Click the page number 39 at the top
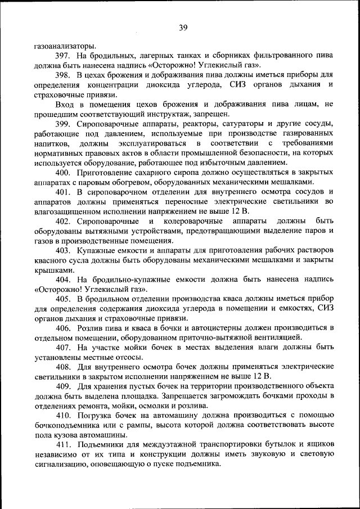(x=183, y=28)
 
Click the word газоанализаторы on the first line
(x=62, y=46)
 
